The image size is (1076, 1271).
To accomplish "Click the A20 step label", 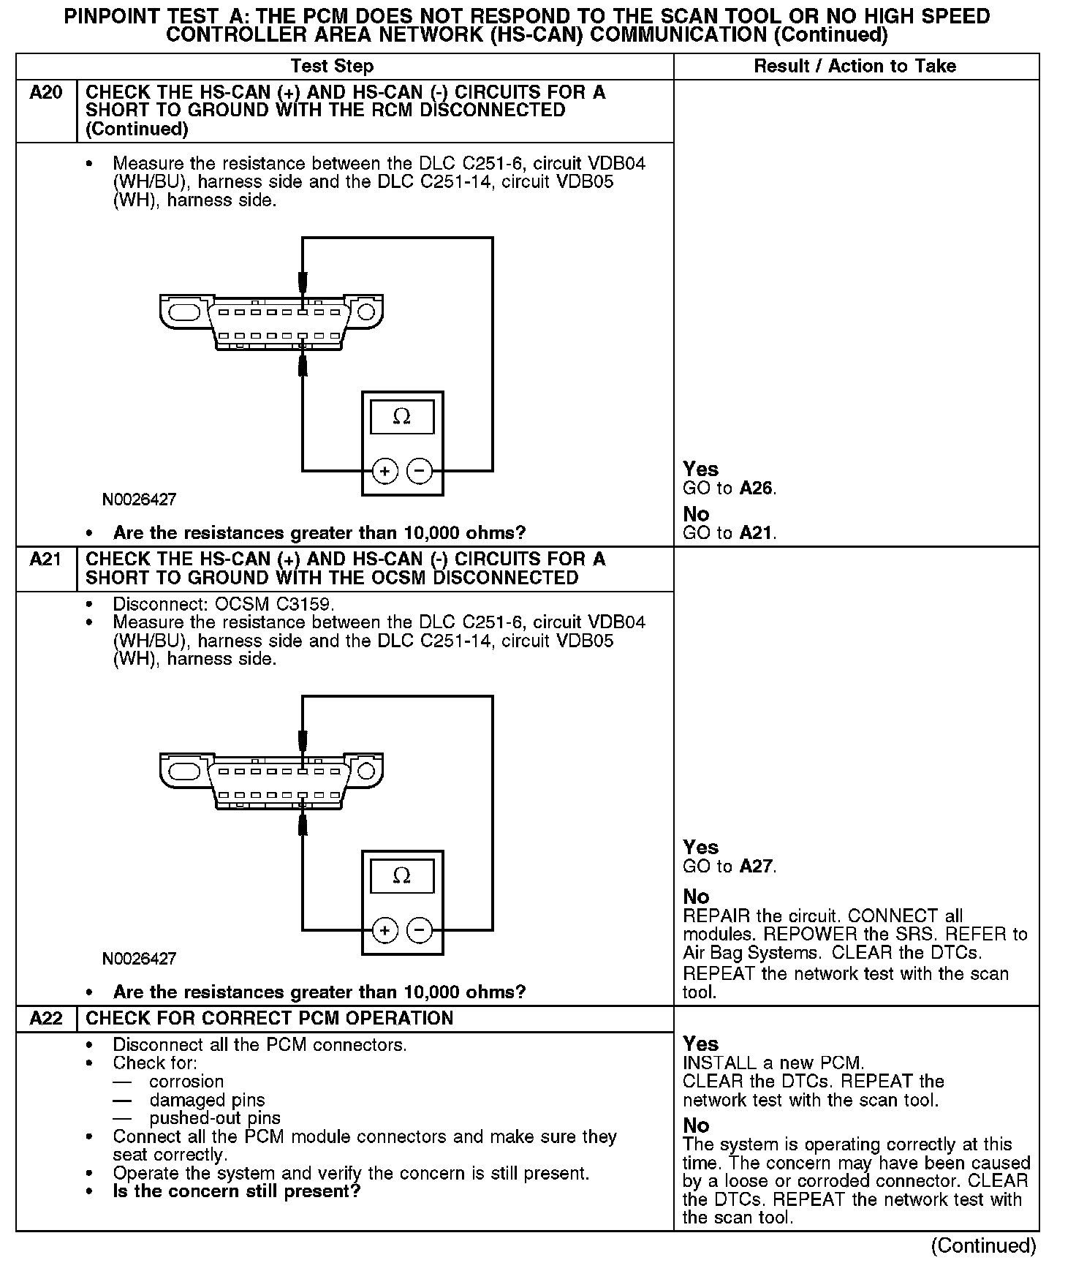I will coord(45,93).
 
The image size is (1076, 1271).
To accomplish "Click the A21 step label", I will coord(45,559).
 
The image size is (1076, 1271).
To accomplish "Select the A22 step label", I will coord(45,1018).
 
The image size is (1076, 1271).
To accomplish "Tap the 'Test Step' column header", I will coord(332,66).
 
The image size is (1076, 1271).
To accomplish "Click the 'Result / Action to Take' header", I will coord(855,66).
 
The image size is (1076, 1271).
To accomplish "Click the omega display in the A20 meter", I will coord(402,417).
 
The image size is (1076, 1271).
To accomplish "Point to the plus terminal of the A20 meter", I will coord(385,471).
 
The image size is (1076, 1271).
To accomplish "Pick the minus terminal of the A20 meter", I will coord(419,471).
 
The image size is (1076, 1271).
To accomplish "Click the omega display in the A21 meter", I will coord(402,875).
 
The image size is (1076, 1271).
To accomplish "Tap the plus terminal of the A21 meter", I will coord(385,930).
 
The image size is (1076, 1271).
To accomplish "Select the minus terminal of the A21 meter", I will coord(419,930).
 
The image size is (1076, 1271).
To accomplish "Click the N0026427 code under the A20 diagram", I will coord(139,500).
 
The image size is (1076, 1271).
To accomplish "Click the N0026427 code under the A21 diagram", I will coord(139,958).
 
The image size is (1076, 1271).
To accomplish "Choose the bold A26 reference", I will coord(756,489).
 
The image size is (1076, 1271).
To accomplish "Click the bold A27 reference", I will coord(756,867).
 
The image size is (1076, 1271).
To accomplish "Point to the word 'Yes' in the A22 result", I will coord(700,1044).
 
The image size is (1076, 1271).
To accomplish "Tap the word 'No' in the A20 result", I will coord(696,514).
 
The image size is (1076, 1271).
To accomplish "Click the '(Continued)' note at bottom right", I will coord(983,1246).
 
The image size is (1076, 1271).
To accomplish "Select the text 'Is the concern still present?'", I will coord(237,1191).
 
